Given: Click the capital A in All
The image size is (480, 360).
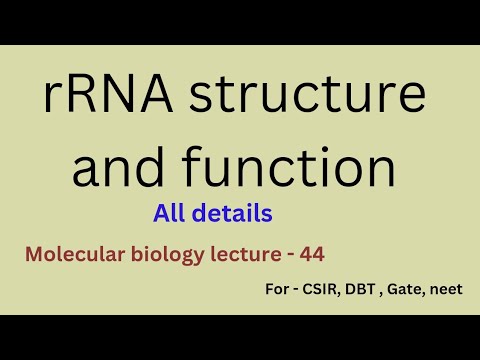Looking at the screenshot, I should click(162, 213).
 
